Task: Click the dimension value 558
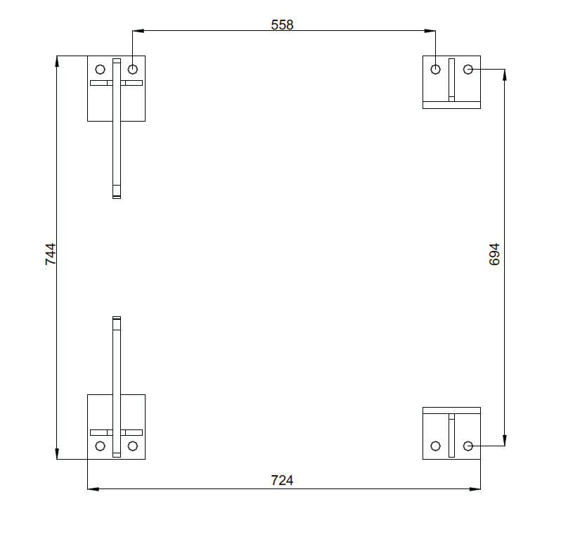(x=282, y=25)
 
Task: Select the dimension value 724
(x=282, y=480)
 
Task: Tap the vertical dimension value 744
(x=51, y=254)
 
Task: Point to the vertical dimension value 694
(x=494, y=254)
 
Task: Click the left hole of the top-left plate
(x=101, y=69)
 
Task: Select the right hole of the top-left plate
(x=133, y=69)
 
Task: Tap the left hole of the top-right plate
(x=436, y=69)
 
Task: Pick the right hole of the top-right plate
(x=468, y=69)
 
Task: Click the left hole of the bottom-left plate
(x=101, y=446)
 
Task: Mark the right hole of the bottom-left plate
(x=133, y=446)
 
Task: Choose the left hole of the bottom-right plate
(x=436, y=446)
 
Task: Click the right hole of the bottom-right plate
(x=468, y=446)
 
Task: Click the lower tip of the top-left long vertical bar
(x=117, y=198)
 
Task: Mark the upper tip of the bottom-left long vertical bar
(x=117, y=317)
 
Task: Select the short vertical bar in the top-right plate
(x=451, y=80)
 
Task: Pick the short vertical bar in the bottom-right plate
(x=451, y=435)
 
